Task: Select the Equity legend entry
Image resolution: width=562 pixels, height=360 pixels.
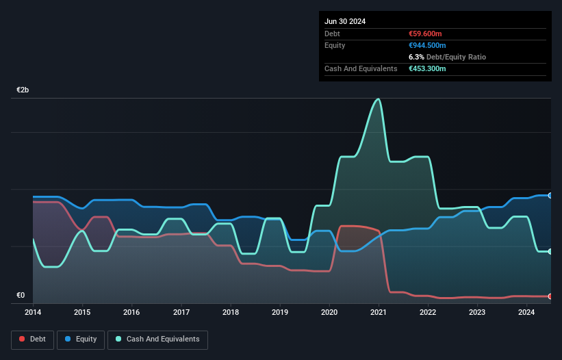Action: point(81,339)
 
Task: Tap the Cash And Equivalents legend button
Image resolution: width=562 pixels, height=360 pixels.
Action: point(157,339)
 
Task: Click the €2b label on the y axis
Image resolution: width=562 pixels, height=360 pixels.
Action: point(23,90)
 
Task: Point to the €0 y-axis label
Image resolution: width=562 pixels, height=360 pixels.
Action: point(21,295)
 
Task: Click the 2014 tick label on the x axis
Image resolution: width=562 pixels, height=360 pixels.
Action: point(33,313)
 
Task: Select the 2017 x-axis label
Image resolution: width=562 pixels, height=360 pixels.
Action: point(181,313)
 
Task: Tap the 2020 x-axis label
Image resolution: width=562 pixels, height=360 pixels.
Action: point(330,313)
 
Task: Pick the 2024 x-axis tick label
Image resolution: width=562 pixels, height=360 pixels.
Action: point(527,313)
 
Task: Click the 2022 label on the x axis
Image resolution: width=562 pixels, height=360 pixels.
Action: point(429,313)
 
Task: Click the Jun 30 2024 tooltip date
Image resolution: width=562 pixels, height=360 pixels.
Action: point(345,21)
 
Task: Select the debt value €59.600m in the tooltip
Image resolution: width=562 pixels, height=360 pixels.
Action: point(427,34)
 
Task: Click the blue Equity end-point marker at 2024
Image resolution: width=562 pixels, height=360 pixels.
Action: point(550,195)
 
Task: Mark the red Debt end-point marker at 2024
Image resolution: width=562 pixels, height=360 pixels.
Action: point(550,296)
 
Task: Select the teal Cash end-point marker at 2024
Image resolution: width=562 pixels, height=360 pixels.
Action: point(550,251)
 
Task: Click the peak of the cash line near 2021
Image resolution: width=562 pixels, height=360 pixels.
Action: point(377,99)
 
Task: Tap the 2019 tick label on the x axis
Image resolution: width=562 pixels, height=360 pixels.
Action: point(281,313)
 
